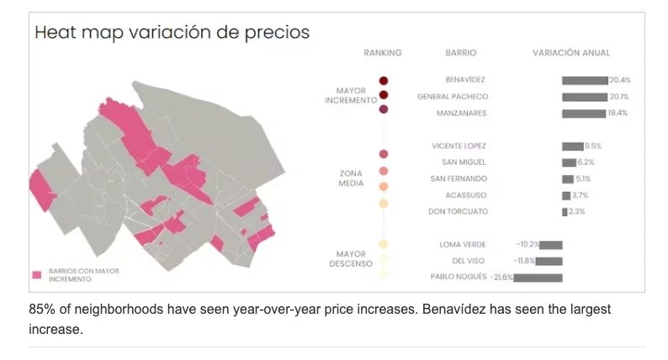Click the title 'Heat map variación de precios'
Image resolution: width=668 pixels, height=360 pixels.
click(x=172, y=33)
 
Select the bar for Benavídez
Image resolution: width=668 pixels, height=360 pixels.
click(x=585, y=80)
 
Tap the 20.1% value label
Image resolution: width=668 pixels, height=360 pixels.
click(x=619, y=97)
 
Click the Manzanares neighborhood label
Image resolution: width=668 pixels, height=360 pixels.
click(x=461, y=113)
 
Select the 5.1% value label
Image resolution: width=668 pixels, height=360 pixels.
click(x=583, y=178)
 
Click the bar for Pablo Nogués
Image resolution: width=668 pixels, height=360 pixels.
click(x=538, y=277)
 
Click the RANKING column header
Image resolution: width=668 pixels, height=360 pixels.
click(x=383, y=53)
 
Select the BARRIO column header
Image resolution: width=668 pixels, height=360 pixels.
click(x=461, y=53)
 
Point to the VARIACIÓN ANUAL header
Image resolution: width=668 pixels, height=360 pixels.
click(x=571, y=53)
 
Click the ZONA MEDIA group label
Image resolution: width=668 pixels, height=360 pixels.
click(x=351, y=178)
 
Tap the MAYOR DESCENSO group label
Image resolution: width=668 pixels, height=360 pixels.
click(x=351, y=259)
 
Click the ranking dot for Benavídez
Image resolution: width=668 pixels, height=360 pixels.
click(x=384, y=80)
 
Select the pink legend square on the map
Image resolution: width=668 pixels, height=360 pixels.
click(x=36, y=275)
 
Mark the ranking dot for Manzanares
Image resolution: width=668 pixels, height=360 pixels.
click(x=384, y=109)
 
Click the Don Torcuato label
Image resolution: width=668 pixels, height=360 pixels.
click(x=459, y=211)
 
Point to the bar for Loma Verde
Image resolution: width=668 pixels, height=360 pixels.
click(x=551, y=244)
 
